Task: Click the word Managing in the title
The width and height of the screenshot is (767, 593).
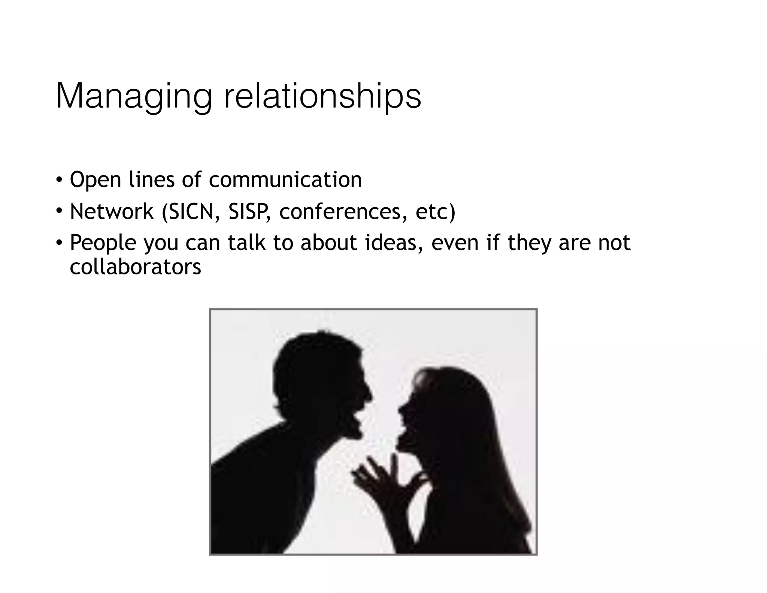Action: (133, 97)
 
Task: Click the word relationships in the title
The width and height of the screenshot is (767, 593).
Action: (322, 97)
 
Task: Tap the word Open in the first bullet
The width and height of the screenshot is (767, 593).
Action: (96, 180)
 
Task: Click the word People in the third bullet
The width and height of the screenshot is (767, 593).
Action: (103, 243)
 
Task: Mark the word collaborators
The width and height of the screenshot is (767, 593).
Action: (135, 267)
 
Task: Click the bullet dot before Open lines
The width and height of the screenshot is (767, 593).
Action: (59, 179)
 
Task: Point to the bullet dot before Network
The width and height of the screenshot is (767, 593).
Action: (59, 211)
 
